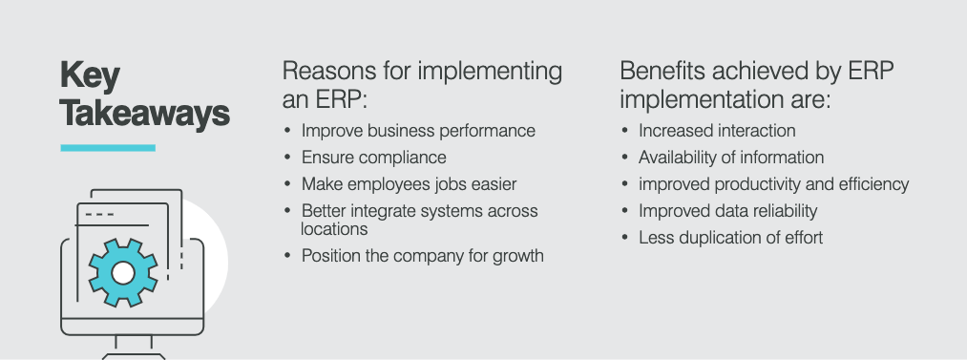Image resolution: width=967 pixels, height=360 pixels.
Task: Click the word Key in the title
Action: click(90, 77)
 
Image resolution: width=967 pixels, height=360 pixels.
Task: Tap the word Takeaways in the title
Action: click(145, 114)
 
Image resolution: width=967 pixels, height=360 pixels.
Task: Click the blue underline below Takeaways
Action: click(108, 148)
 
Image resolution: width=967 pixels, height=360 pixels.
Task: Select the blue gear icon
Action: click(123, 272)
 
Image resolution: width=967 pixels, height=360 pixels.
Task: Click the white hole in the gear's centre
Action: click(123, 272)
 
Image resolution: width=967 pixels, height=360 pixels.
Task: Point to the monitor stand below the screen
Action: click(134, 347)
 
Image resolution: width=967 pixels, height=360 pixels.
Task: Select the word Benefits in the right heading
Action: click(662, 71)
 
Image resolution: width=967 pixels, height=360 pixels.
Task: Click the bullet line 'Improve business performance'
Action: click(418, 131)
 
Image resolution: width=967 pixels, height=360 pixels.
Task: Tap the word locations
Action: click(334, 228)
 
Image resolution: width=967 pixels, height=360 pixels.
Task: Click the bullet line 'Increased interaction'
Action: click(717, 131)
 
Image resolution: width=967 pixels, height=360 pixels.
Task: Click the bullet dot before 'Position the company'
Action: click(287, 255)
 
